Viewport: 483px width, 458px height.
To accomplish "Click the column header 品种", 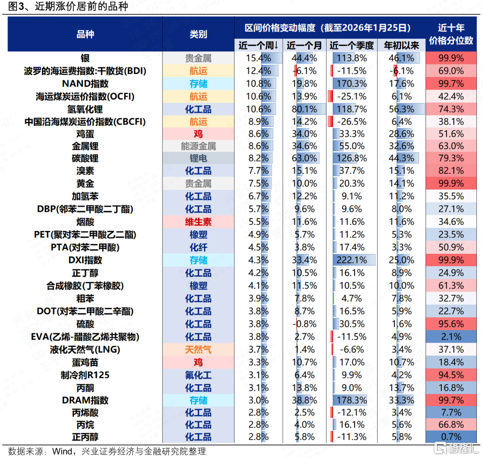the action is pos(85,34).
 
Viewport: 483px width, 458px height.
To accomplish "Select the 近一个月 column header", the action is pos(305,46).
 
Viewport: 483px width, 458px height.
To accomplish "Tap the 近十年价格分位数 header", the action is pos(451,34).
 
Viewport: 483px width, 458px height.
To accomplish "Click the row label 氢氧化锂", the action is pos(85,109).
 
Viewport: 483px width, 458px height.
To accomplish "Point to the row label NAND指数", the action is pos(85,84).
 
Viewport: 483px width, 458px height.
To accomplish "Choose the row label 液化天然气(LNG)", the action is pos(85,350).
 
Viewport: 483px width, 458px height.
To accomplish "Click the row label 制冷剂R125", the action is pos(85,375).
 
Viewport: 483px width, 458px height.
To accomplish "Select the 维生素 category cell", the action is pos(198,222).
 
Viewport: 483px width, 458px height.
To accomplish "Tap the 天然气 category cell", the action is pos(198,350).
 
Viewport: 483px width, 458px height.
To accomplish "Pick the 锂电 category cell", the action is pos(198,158).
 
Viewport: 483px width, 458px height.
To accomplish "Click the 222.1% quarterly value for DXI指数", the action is pos(352,260).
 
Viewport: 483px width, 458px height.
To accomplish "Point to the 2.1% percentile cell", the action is pos(451,337).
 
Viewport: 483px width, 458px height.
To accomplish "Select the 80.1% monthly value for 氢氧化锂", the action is pos(305,109).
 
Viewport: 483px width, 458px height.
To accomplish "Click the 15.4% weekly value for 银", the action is pos(258,58).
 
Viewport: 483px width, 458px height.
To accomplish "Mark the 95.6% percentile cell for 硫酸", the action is pos(451,324).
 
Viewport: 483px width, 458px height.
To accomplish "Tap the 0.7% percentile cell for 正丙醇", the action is pos(451,437).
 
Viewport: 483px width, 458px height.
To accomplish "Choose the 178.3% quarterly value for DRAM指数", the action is pos(352,400).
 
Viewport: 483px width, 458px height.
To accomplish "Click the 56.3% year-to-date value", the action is pos(401,109).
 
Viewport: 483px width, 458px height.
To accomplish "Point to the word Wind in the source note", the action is pos(62,451).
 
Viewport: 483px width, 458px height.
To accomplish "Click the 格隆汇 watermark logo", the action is pos(457,448).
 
